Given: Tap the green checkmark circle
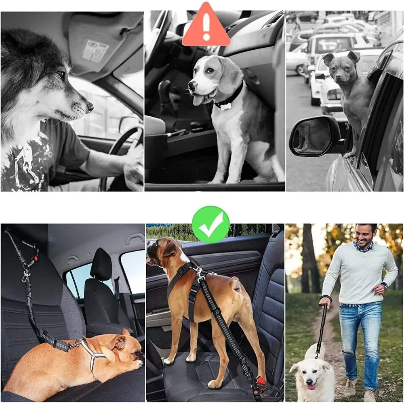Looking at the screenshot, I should tap(210, 224).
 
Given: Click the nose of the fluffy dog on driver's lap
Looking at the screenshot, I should tap(90, 107).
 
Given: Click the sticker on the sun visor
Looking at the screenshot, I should tap(95, 50).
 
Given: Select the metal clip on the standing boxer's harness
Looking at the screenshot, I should tap(199, 274).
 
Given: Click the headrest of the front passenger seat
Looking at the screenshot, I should tap(101, 265).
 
